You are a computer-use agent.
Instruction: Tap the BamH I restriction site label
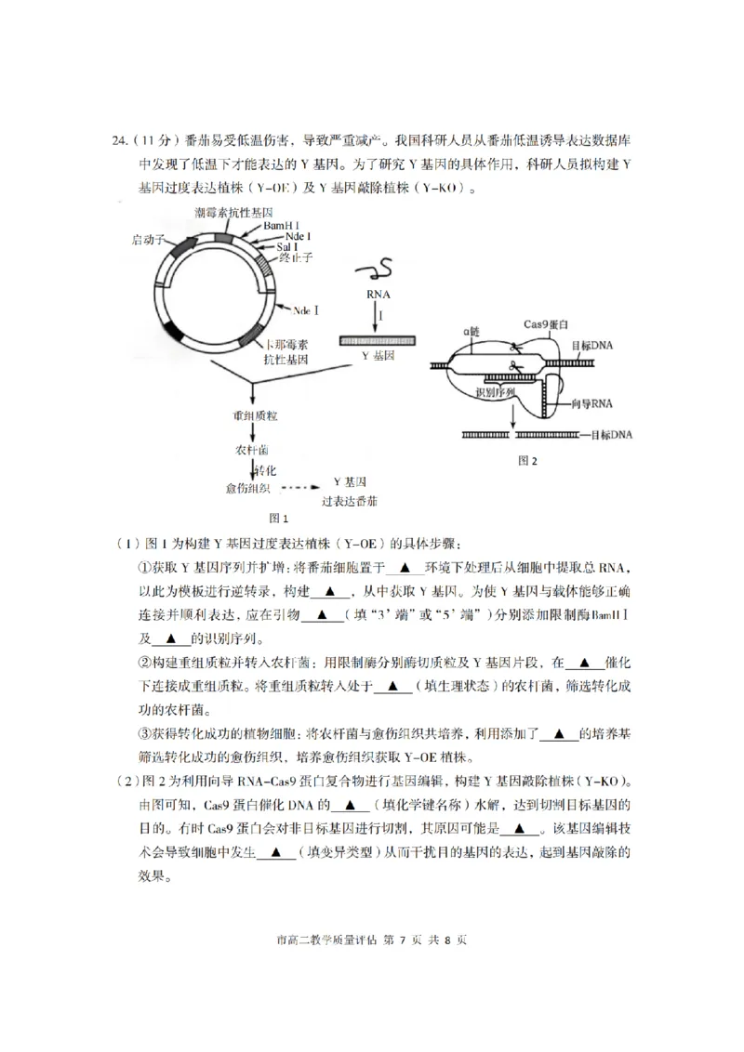280,226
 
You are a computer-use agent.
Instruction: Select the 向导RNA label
592,403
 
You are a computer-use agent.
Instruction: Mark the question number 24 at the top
118,141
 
